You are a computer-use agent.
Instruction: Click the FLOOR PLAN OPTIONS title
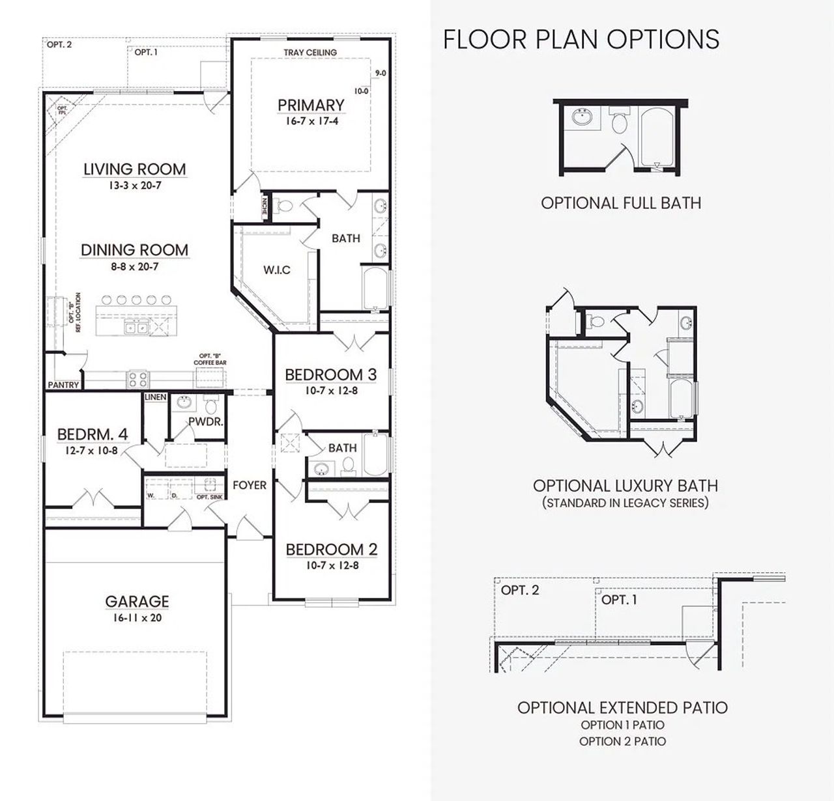pyautogui.click(x=581, y=39)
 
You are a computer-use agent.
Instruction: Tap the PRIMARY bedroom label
pyautogui.click(x=311, y=105)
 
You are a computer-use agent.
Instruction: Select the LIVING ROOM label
pyautogui.click(x=135, y=169)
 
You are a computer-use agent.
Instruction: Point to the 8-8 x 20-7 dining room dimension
pyautogui.click(x=134, y=266)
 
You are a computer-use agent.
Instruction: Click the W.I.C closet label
pyautogui.click(x=277, y=270)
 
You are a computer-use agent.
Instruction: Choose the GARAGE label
pyautogui.click(x=137, y=601)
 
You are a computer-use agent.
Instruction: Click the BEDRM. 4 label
pyautogui.click(x=92, y=434)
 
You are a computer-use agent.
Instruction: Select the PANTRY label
pyautogui.click(x=63, y=385)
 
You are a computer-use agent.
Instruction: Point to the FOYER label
pyautogui.click(x=250, y=485)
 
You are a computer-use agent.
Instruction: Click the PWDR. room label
pyautogui.click(x=206, y=421)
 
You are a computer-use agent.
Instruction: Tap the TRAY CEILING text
pyautogui.click(x=310, y=52)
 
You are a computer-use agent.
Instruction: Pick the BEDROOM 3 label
pyautogui.click(x=331, y=374)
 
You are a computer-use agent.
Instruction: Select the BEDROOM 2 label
pyautogui.click(x=332, y=549)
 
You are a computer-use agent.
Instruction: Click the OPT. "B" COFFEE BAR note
pyautogui.click(x=210, y=360)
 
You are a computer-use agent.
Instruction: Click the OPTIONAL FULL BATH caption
pyautogui.click(x=621, y=203)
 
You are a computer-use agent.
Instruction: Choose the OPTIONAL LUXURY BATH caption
pyautogui.click(x=625, y=486)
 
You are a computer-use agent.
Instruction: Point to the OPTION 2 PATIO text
pyautogui.click(x=622, y=741)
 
